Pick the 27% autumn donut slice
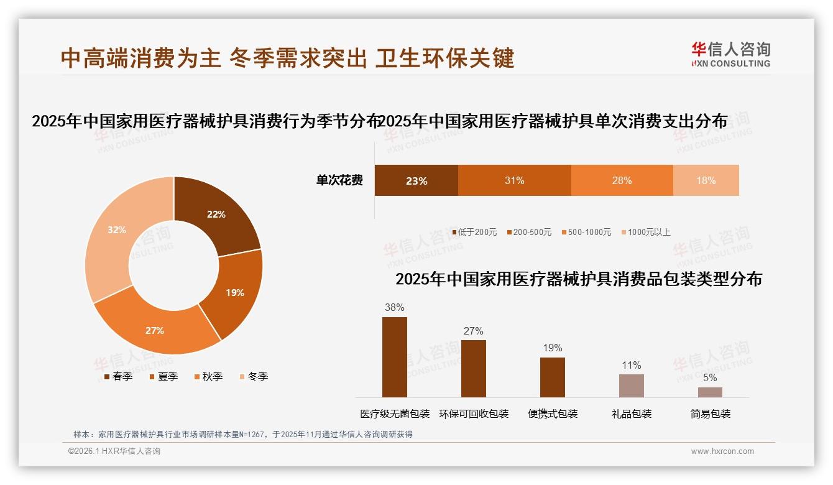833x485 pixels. pyautogui.click(x=155, y=330)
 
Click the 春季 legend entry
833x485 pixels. pyautogui.click(x=117, y=376)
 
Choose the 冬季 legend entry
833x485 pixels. pyautogui.click(x=254, y=376)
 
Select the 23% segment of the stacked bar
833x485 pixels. pyautogui.click(x=416, y=181)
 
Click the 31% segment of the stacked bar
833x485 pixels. pyautogui.click(x=514, y=181)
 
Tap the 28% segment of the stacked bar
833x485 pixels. pyautogui.click(x=622, y=181)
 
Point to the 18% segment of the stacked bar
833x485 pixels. pyautogui.click(x=706, y=181)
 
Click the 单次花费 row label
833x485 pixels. pyautogui.click(x=339, y=181)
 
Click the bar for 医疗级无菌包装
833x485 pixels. pyautogui.click(x=395, y=357)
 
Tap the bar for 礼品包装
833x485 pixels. pyautogui.click(x=632, y=386)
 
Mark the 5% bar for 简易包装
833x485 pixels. pyautogui.click(x=710, y=392)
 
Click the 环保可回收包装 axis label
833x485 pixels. pyautogui.click(x=474, y=413)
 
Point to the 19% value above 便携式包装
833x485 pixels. pyautogui.click(x=553, y=348)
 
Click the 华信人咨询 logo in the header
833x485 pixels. pyautogui.click(x=730, y=54)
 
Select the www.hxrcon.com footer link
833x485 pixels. pyautogui.click(x=722, y=451)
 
